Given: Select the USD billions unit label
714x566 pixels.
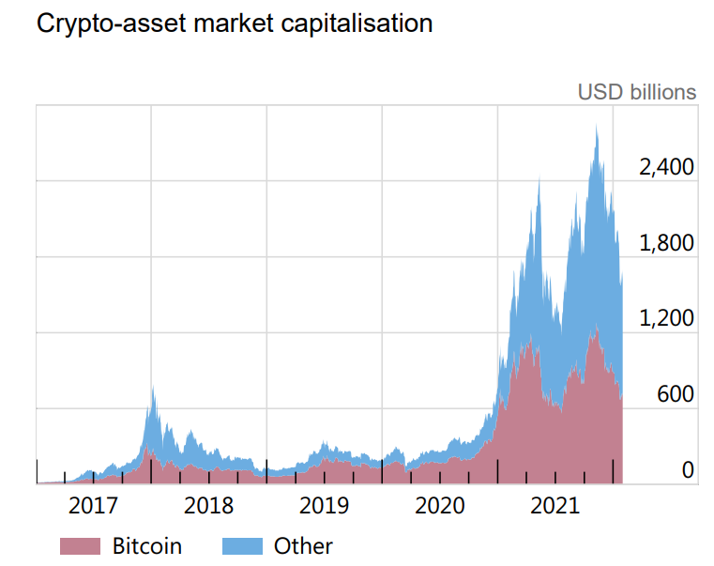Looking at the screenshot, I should (637, 92).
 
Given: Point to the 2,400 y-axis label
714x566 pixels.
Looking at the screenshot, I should (665, 168).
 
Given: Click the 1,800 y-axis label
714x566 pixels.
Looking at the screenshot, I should (665, 244).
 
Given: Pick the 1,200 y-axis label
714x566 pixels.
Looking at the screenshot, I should (665, 319).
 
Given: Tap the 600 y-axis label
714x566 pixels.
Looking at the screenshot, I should (675, 395).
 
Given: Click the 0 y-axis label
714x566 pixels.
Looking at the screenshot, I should (687, 470).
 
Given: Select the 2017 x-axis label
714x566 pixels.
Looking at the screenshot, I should (94, 507).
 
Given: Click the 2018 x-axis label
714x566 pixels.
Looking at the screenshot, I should (208, 507).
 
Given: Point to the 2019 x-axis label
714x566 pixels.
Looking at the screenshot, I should (324, 507).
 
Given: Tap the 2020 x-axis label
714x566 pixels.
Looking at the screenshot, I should (439, 507).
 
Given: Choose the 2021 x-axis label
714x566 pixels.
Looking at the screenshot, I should (554, 507).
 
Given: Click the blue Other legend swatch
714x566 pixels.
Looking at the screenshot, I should (242, 545).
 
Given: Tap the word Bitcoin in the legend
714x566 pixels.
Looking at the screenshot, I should (147, 545).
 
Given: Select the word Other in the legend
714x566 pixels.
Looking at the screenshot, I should (303, 545).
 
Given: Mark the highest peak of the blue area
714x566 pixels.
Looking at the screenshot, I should (596, 126).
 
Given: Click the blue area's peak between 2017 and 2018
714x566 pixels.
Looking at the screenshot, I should (152, 388).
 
